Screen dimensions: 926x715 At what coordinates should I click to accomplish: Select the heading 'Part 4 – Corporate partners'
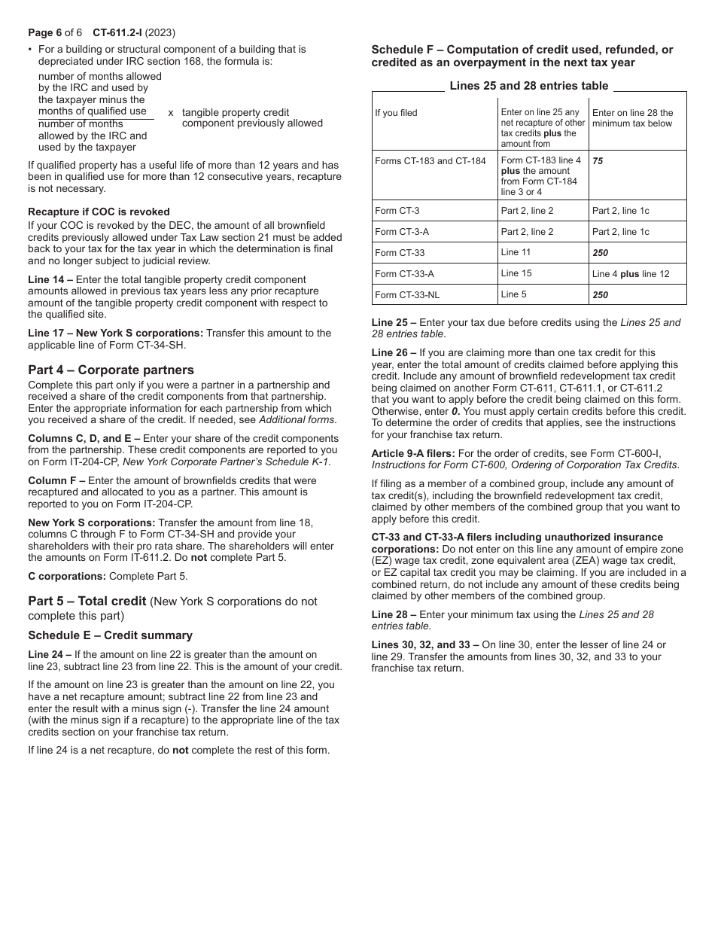click(111, 370)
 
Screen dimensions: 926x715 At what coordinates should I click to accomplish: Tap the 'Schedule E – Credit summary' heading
click(110, 635)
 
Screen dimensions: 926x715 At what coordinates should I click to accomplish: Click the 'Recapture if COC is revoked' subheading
click(99, 212)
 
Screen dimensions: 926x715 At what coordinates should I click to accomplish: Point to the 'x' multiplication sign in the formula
click(171, 112)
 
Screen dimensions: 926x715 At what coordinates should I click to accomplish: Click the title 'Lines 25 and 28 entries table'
click(528, 86)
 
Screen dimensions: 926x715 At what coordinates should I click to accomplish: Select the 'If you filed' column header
click(396, 113)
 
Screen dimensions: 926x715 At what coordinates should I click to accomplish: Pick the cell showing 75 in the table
click(598, 161)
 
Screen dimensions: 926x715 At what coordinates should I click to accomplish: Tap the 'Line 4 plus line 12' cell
click(630, 274)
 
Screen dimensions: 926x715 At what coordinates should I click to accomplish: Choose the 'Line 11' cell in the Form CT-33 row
click(516, 252)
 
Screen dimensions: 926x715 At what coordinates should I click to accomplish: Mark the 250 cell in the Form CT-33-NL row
click(600, 295)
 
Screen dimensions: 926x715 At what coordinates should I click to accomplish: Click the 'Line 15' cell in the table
click(516, 273)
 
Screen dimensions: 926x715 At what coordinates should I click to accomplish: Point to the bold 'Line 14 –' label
click(50, 279)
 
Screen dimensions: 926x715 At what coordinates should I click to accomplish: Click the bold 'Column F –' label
click(56, 480)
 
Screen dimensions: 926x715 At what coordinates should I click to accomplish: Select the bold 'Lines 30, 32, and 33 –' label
click(425, 644)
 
